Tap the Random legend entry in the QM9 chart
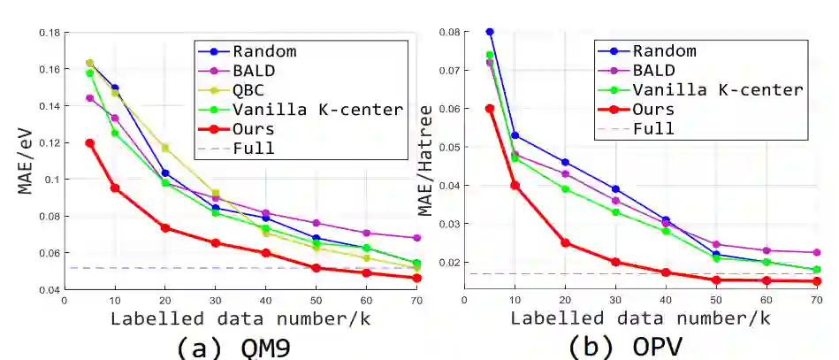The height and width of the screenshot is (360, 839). [263, 50]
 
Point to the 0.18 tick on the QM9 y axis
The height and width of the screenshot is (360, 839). [50, 33]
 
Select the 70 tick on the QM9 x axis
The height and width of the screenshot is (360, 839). [417, 301]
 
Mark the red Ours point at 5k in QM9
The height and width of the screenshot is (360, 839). [89, 142]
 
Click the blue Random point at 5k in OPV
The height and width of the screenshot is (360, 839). [490, 32]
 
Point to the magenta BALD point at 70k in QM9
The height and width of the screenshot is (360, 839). [417, 238]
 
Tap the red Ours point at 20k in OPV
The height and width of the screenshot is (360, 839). [565, 243]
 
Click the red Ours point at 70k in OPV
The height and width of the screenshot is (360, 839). [817, 281]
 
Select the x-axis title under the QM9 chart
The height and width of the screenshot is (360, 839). [233, 318]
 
